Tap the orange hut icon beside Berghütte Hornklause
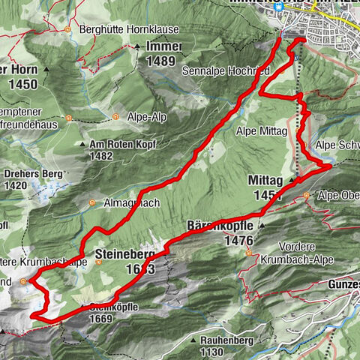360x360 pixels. pos(67,30)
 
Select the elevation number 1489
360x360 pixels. pos(161,61)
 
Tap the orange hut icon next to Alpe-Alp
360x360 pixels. pos(116,117)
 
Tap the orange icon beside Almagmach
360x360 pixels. pos(91,203)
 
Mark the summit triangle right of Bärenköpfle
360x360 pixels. pos(262,225)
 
